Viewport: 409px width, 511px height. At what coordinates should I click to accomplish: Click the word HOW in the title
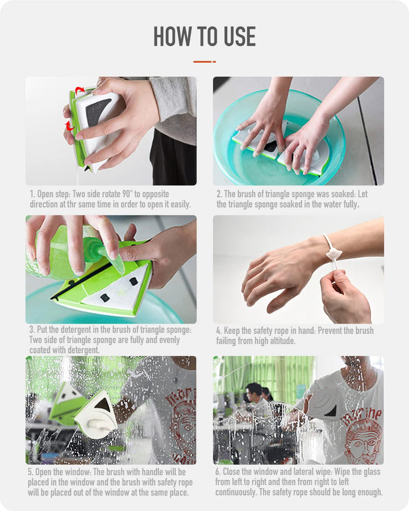coord(173,36)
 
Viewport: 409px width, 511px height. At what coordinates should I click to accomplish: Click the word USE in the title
coord(239,36)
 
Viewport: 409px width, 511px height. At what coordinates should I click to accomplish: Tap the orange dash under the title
coord(204,61)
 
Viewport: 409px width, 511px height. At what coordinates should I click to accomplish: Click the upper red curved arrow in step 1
coord(80,89)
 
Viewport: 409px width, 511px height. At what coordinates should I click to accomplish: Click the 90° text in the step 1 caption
coord(127,194)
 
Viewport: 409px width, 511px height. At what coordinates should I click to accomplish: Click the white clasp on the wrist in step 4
coord(335,253)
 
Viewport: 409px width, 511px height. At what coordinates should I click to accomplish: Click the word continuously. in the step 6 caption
coord(235,492)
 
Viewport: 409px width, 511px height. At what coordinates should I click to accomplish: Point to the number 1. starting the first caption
coord(32,194)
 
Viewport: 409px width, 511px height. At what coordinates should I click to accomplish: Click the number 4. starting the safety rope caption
coord(219,331)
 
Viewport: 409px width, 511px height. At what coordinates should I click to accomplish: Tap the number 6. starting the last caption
coord(218,472)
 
